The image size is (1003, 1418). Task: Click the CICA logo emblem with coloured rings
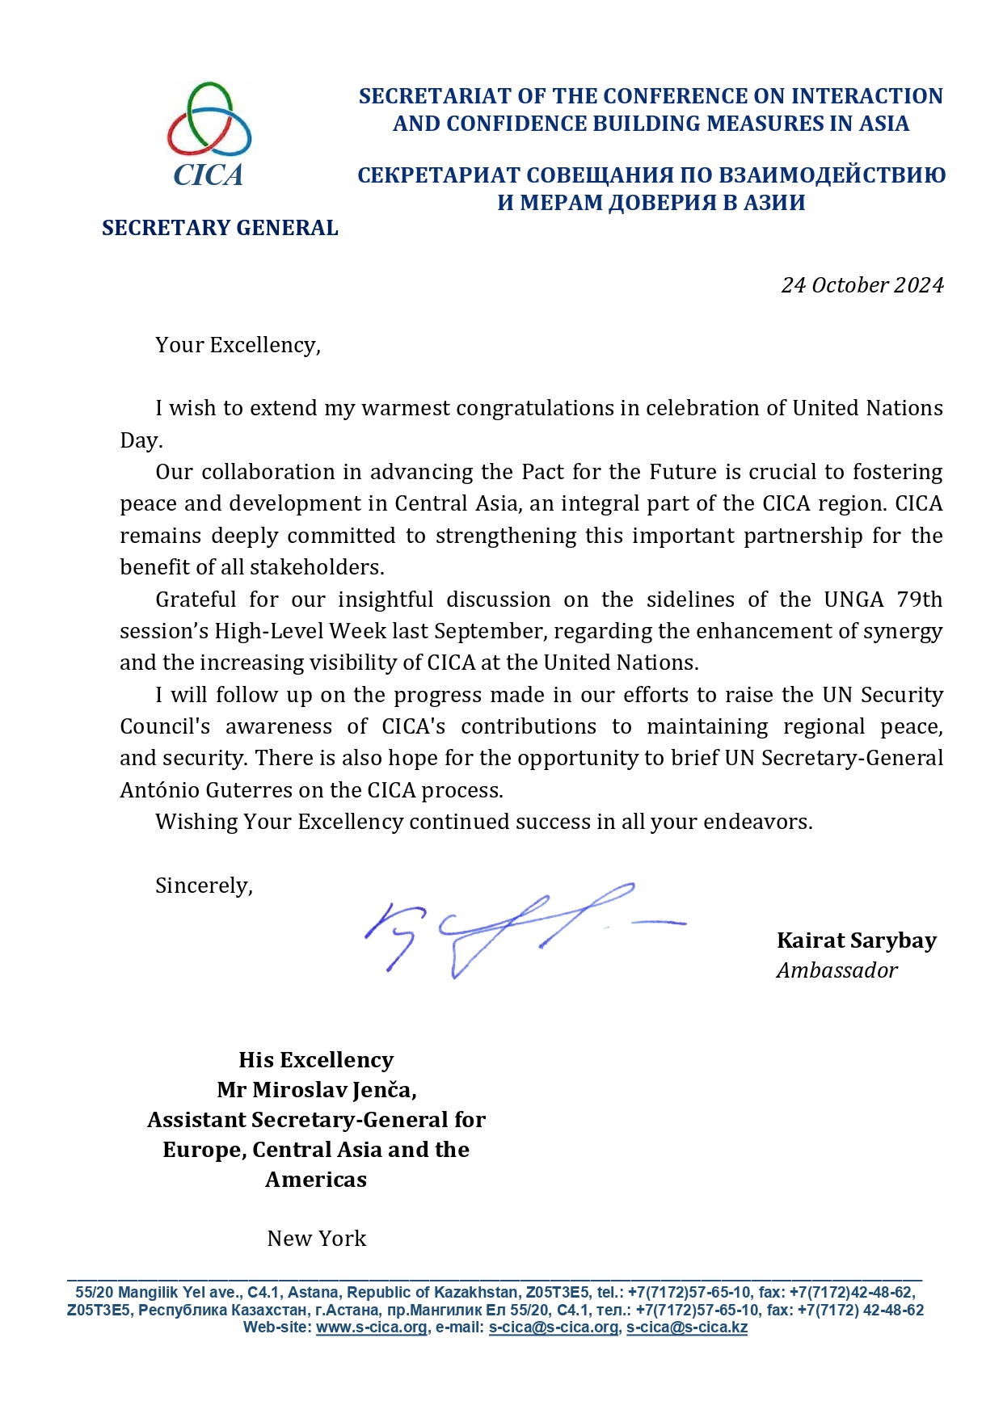pos(209,120)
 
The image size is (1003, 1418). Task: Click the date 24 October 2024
pos(862,285)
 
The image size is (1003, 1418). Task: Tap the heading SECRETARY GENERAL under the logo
pos(220,228)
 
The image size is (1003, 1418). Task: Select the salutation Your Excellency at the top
pos(238,345)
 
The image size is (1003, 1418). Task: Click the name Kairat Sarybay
pos(856,940)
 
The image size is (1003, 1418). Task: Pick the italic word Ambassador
pos(837,970)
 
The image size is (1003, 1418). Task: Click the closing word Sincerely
pos(204,886)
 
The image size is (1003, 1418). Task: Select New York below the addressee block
pos(317,1239)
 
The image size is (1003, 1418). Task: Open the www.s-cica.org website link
pos(371,1328)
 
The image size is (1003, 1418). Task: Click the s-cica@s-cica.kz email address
pos(686,1328)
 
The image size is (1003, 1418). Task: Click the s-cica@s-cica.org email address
pos(554,1328)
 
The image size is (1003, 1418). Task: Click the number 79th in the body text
pos(919,600)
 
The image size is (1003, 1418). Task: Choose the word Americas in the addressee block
pos(316,1180)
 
